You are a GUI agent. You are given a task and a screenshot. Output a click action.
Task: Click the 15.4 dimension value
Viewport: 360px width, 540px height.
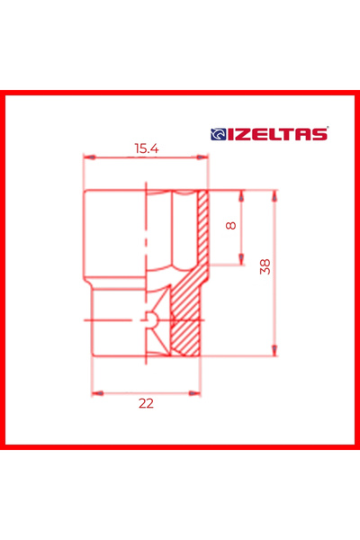pos(146,148)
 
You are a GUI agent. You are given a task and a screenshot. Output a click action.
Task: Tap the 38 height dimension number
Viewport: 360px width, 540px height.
pos(264,266)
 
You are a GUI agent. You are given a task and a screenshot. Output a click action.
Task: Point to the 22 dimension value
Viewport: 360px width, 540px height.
pos(146,403)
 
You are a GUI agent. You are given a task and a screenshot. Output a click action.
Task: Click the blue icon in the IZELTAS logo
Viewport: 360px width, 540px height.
pos(217,134)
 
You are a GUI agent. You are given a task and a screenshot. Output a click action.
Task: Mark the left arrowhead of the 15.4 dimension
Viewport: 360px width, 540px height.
pos(87,157)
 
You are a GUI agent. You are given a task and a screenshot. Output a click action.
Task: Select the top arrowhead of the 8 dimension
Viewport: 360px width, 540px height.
pos(242,193)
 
